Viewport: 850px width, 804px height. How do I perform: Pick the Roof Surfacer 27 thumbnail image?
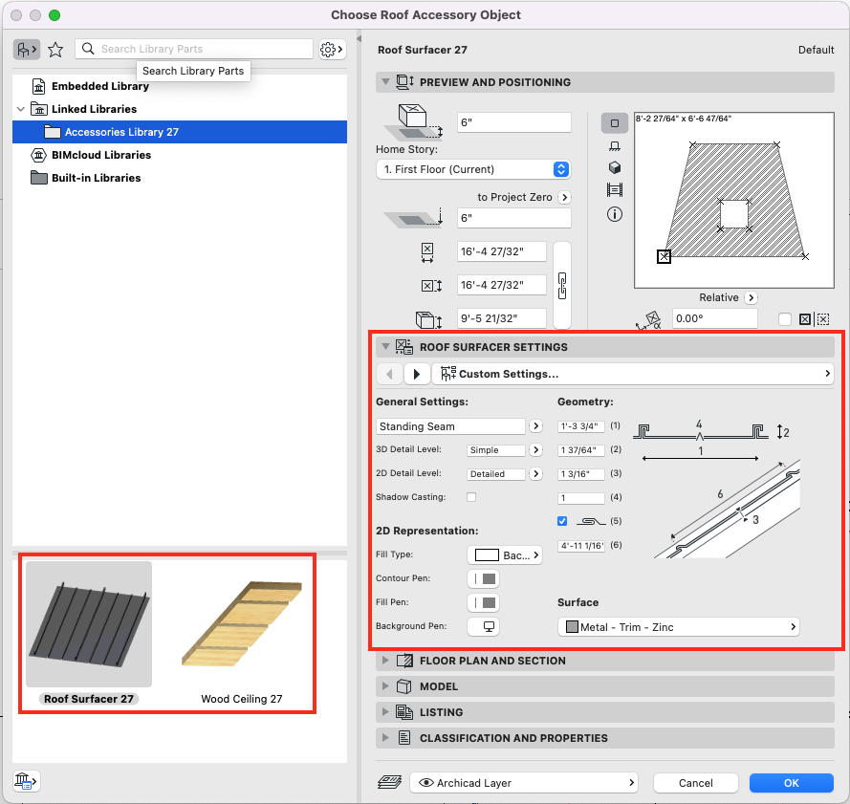[88, 623]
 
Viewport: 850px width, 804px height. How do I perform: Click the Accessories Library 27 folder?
[121, 132]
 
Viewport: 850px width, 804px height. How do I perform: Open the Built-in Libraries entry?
[96, 178]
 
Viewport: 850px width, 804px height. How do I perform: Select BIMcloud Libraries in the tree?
[100, 155]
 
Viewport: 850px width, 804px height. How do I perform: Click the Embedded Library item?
[99, 86]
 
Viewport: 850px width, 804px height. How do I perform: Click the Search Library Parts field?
[205, 49]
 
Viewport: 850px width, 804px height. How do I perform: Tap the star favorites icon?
[55, 50]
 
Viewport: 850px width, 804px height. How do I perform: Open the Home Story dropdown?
[473, 169]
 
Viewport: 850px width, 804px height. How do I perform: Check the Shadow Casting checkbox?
[471, 497]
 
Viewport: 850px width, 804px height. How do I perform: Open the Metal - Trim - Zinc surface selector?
[679, 627]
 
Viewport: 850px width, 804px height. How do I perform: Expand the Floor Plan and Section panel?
[492, 661]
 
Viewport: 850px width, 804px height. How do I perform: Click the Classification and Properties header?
[513, 738]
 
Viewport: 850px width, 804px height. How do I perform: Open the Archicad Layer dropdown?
[524, 783]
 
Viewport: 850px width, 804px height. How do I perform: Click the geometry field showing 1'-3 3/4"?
[580, 426]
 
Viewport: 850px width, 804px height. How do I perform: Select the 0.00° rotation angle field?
[714, 319]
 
